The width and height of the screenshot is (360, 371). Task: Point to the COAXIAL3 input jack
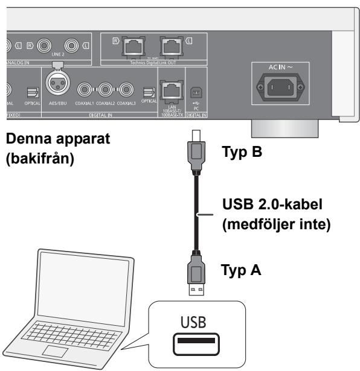pyautogui.click(x=126, y=92)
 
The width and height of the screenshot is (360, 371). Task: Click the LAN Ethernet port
pyautogui.click(x=167, y=92)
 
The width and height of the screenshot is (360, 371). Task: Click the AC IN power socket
pyautogui.click(x=281, y=86)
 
